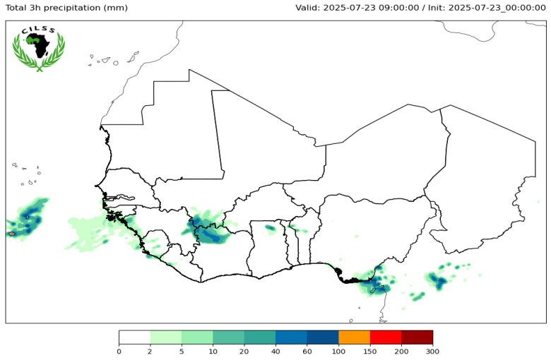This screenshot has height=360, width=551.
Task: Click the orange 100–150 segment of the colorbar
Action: click(354, 337)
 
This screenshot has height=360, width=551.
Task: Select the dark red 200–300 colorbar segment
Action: click(417, 337)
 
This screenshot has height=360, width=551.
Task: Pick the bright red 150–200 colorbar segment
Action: click(386, 337)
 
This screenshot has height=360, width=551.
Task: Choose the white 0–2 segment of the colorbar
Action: click(134, 337)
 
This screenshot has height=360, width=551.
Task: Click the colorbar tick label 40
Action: click(275, 350)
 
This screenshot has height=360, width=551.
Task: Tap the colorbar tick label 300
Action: click(432, 350)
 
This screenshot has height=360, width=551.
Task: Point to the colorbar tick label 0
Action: click(119, 350)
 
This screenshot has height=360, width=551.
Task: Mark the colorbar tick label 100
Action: click(338, 350)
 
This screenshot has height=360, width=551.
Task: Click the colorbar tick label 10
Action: click(213, 350)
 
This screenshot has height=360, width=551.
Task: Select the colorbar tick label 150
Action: click(369, 350)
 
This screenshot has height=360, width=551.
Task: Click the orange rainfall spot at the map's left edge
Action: click(11, 234)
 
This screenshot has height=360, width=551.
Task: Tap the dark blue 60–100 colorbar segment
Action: click(323, 337)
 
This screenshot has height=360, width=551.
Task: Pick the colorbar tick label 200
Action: click(401, 350)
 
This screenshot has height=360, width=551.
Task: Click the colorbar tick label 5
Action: click(182, 350)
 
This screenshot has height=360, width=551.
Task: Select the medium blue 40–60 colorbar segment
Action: click(291, 337)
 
